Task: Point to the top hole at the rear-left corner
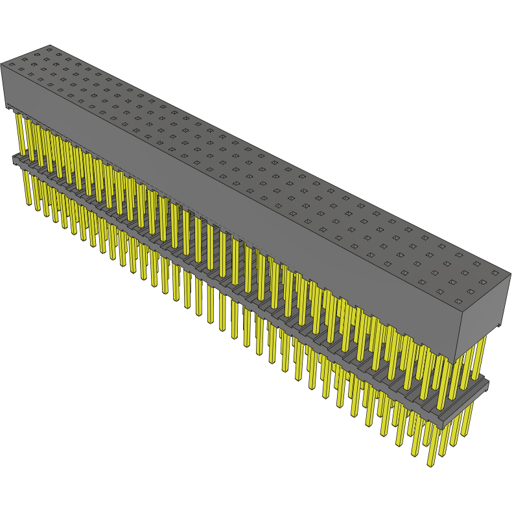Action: point(49,48)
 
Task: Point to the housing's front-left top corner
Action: point(2,64)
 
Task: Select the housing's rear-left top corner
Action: point(49,45)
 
